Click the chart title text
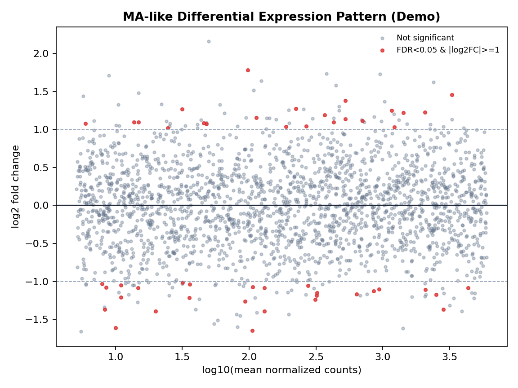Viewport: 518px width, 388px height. click(281, 17)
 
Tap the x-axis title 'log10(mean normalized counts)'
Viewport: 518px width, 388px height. click(281, 370)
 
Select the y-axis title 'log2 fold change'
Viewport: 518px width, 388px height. click(16, 186)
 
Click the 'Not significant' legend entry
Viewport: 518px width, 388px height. click(425, 38)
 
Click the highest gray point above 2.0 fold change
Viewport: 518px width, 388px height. click(209, 41)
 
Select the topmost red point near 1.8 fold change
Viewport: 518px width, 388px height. click(248, 70)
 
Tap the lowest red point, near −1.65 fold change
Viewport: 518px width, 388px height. click(252, 331)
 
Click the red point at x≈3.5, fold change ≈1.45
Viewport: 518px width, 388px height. click(452, 95)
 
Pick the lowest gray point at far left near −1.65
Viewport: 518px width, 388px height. click(81, 331)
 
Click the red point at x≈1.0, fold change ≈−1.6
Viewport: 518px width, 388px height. click(116, 328)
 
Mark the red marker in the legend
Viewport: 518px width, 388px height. click(382, 50)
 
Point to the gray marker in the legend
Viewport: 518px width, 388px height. click(382, 38)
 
